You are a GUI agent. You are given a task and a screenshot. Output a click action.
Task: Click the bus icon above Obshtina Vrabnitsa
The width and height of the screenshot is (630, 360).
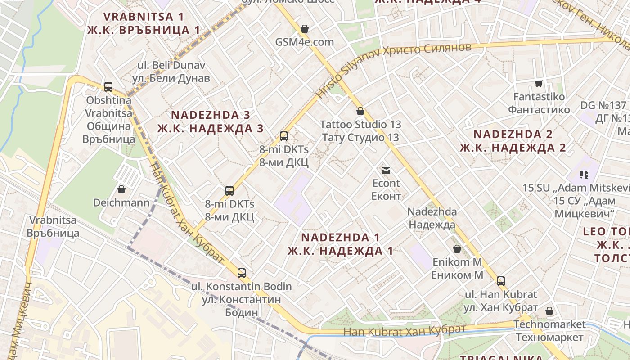point(108,86)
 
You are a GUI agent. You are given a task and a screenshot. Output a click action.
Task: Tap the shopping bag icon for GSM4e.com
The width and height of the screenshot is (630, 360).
point(305,29)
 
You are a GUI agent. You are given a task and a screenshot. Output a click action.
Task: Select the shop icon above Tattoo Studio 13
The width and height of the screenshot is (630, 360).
point(360,111)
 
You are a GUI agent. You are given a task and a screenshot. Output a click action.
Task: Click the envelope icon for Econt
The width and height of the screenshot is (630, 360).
point(386,170)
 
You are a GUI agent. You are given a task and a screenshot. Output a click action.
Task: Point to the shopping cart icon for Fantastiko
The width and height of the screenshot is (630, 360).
point(539,83)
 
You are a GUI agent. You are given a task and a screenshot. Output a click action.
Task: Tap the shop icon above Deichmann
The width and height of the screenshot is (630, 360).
point(121,189)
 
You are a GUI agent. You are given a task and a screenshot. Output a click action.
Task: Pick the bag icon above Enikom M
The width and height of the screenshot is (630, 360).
point(457,248)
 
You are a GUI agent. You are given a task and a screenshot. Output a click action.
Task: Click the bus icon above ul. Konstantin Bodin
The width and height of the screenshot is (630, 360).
point(242,273)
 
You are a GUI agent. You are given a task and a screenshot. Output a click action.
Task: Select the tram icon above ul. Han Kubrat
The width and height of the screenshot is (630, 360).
point(500,281)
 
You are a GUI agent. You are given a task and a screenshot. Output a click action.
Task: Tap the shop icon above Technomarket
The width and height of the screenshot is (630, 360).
point(549,311)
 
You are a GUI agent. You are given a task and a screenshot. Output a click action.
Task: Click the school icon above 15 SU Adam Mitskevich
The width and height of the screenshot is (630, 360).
point(584,174)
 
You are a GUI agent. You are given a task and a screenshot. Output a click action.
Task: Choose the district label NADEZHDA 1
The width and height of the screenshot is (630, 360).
point(340,237)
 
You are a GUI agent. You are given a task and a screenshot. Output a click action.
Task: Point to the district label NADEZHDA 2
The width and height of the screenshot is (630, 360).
point(513,134)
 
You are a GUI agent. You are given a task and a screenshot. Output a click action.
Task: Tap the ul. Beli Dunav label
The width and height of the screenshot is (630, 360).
point(171,65)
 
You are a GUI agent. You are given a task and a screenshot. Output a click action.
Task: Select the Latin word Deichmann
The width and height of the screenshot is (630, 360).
point(121,202)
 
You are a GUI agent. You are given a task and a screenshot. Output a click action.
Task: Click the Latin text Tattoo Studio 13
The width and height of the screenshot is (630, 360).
point(360,124)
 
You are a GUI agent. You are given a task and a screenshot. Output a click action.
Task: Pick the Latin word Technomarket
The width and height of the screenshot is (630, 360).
point(549,324)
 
